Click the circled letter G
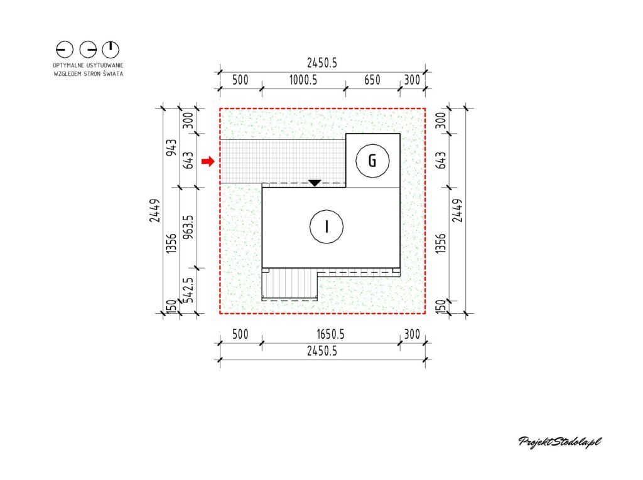click(x=372, y=161)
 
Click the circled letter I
click(x=327, y=227)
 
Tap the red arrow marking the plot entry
click(x=208, y=161)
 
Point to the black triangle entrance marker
click(x=315, y=183)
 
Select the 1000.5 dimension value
click(x=303, y=80)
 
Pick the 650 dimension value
click(x=372, y=80)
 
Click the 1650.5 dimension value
click(x=330, y=334)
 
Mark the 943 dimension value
click(x=172, y=147)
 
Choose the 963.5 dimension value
click(x=188, y=228)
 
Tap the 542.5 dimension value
click(x=188, y=291)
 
